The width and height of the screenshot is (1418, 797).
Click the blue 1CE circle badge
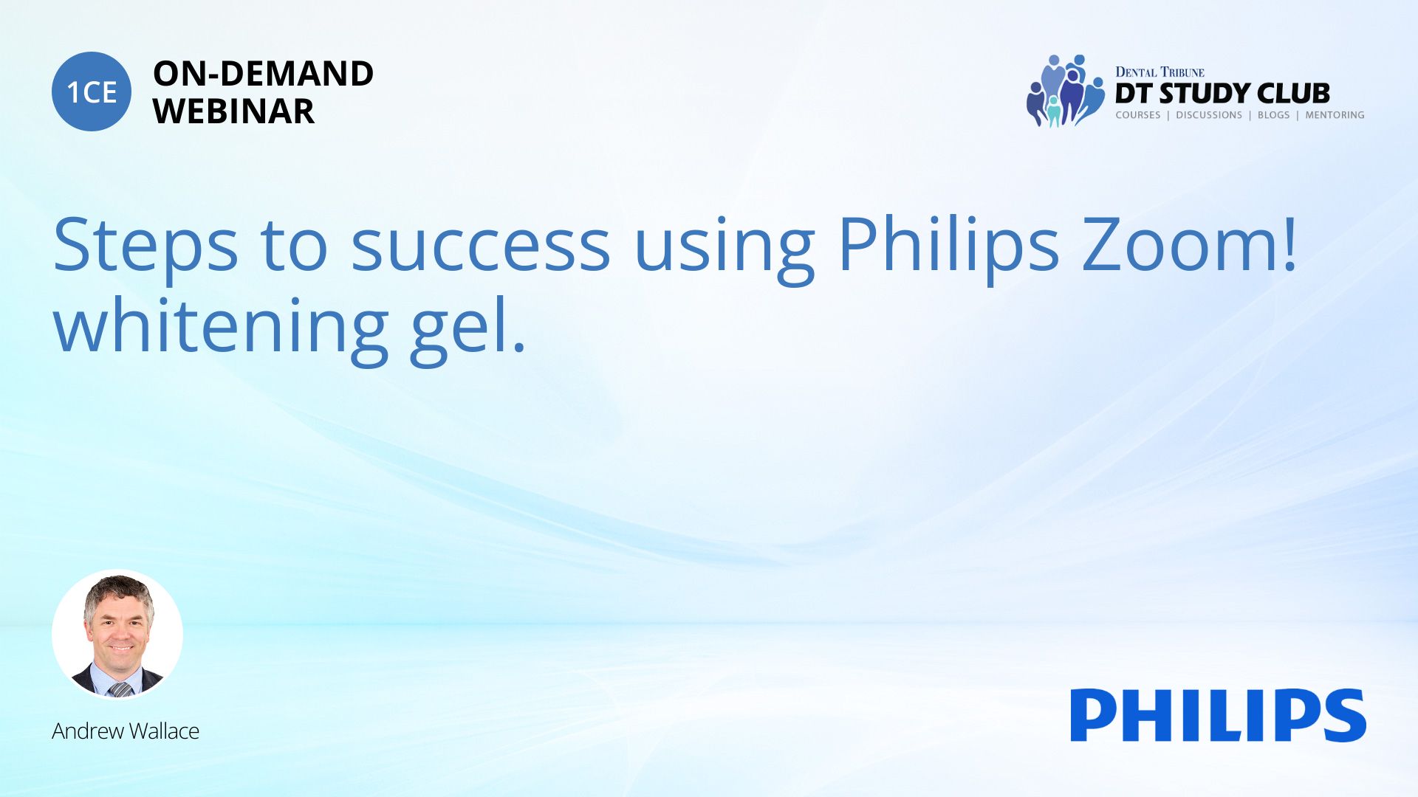(92, 92)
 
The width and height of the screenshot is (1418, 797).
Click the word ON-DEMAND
(263, 74)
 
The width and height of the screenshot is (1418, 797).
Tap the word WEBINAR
(233, 111)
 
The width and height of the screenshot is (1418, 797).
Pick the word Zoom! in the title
(1189, 244)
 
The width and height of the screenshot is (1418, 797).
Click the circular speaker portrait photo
(117, 635)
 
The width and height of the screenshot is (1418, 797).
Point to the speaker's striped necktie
(120, 689)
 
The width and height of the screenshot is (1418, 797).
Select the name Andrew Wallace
(126, 731)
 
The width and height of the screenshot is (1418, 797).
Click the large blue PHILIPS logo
(1219, 715)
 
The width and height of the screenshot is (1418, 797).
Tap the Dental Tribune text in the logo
(1160, 72)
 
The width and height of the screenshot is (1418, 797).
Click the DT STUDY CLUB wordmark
(1222, 94)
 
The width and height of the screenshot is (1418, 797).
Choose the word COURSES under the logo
(1137, 115)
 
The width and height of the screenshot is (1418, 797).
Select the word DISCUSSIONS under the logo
(1209, 115)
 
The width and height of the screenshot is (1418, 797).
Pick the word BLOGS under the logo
(1273, 115)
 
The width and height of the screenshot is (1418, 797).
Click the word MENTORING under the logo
(1335, 115)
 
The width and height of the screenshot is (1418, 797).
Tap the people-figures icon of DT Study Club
(1065, 91)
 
